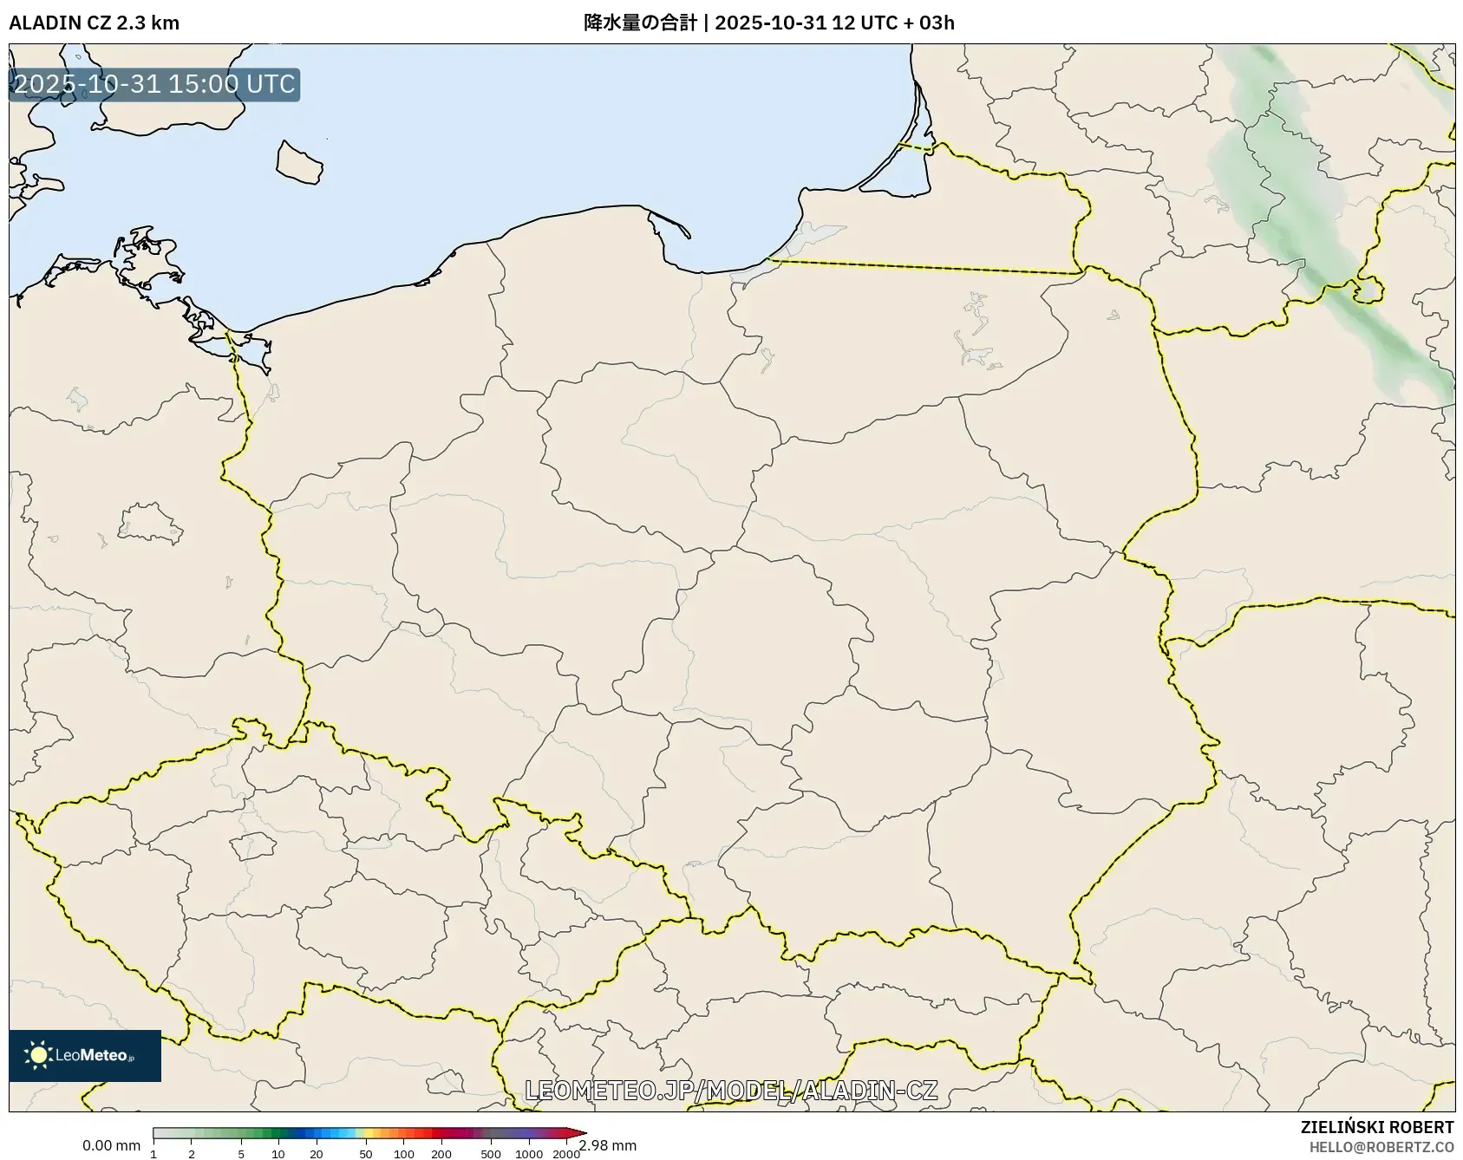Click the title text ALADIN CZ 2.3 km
click(94, 23)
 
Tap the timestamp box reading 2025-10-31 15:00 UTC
click(154, 84)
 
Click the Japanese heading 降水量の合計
click(640, 23)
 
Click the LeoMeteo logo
click(85, 1055)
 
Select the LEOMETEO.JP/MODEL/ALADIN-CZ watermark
click(731, 1090)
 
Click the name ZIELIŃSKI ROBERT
click(1376, 1127)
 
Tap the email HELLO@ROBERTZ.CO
click(1381, 1147)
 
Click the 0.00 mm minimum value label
click(111, 1145)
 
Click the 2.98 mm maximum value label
click(608, 1145)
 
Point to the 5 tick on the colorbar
click(241, 1153)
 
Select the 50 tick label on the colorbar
click(366, 1153)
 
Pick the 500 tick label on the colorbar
click(491, 1153)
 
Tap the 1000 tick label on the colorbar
click(529, 1153)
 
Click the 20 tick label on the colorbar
click(317, 1153)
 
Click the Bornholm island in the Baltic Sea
click(299, 162)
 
